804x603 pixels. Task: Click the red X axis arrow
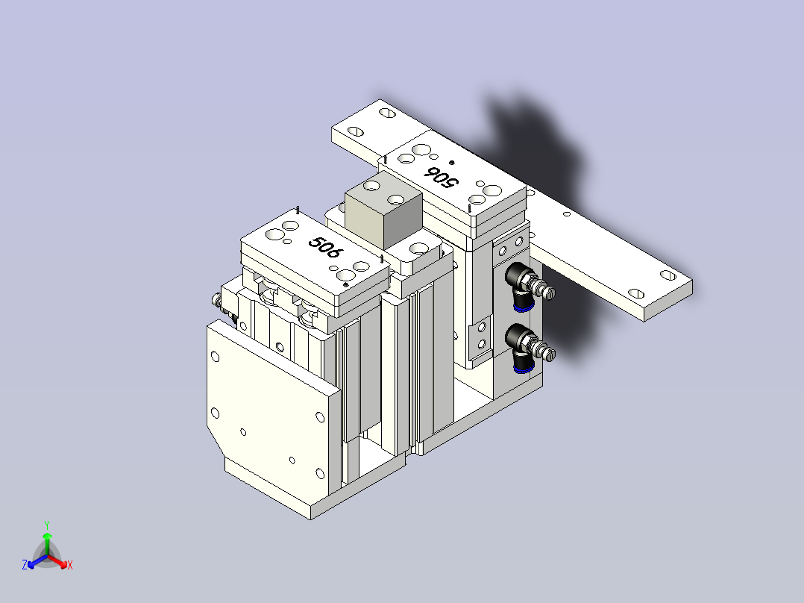click(57, 561)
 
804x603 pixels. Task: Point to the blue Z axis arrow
click(37, 561)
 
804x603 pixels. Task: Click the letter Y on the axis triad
click(47, 525)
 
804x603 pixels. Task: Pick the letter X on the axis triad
click(70, 565)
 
